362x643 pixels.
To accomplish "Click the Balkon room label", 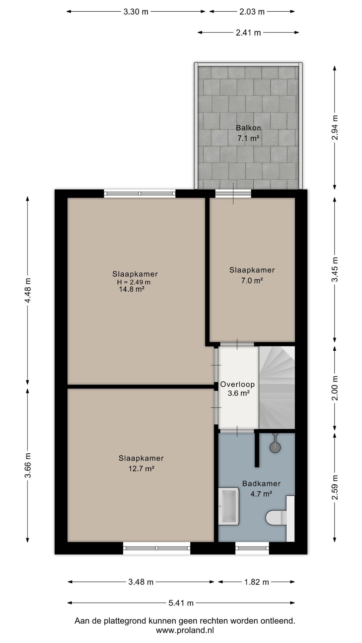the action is pyautogui.click(x=248, y=128).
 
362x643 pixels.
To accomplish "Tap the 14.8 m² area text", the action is pyautogui.click(x=132, y=289).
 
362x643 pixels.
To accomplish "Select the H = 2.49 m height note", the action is pyautogui.click(x=134, y=282).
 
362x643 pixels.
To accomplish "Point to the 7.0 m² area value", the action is pyautogui.click(x=252, y=281).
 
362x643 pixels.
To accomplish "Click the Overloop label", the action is pyautogui.click(x=237, y=384).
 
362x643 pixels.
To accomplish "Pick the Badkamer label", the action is pyautogui.click(x=261, y=484).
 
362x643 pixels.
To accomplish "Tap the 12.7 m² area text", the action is pyautogui.click(x=141, y=469).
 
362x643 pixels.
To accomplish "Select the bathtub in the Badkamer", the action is pyautogui.click(x=229, y=506).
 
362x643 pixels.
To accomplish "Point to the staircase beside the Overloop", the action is pyautogui.click(x=277, y=387).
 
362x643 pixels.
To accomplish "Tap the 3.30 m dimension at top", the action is pyautogui.click(x=136, y=12).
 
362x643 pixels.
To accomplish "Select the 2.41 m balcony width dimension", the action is pyautogui.click(x=248, y=32).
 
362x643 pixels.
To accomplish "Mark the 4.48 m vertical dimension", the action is pyautogui.click(x=28, y=290).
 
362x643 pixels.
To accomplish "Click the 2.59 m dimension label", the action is pyautogui.click(x=335, y=487).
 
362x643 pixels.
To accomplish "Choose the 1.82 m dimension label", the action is pyautogui.click(x=257, y=582).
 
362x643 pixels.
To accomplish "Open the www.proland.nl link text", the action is pyautogui.click(x=185, y=630).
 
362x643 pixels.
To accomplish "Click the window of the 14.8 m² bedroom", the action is pyautogui.click(x=140, y=193).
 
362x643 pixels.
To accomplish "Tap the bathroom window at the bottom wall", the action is pyautogui.click(x=252, y=548).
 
